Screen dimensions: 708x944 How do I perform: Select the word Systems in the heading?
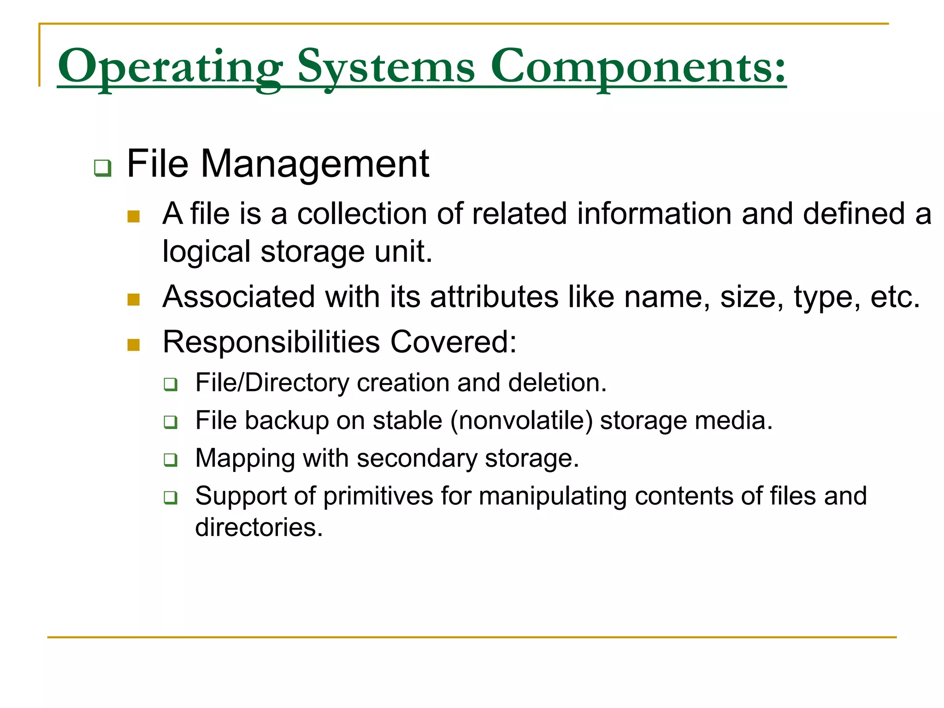coord(386,67)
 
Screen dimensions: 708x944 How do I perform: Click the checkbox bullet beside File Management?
coord(102,168)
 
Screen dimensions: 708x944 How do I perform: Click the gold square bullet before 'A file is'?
coord(134,216)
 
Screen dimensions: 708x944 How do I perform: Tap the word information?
coord(655,214)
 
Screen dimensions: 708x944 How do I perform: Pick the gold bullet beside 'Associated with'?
coord(134,300)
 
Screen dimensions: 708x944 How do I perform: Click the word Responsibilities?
coord(271,342)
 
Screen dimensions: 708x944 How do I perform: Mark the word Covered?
coord(453,342)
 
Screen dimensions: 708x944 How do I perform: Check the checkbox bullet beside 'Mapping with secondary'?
coord(171,460)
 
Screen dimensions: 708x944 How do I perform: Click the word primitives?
coord(378,496)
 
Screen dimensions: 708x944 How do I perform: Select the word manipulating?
coord(551,496)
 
